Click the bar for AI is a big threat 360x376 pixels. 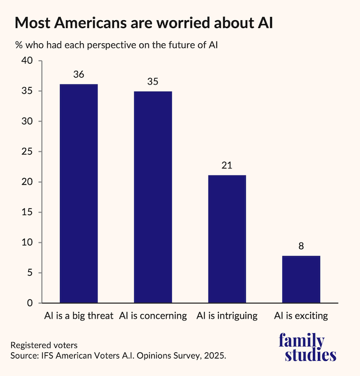click(x=79, y=194)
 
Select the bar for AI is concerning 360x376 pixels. click(x=152, y=197)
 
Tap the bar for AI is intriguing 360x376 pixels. click(x=227, y=239)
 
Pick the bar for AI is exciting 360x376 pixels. click(x=301, y=279)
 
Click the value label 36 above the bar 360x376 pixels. click(x=79, y=75)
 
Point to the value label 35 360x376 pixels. click(x=152, y=81)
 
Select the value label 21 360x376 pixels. click(x=227, y=165)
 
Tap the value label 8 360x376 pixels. click(x=301, y=246)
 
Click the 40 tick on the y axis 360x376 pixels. click(x=27, y=61)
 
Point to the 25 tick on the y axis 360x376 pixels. click(x=27, y=152)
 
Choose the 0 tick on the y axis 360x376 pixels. click(x=30, y=303)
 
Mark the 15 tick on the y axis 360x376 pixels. click(x=27, y=212)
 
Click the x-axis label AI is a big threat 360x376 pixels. click(x=79, y=316)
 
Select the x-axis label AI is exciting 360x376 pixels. click(x=301, y=316)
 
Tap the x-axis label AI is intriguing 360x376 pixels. click(x=227, y=316)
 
